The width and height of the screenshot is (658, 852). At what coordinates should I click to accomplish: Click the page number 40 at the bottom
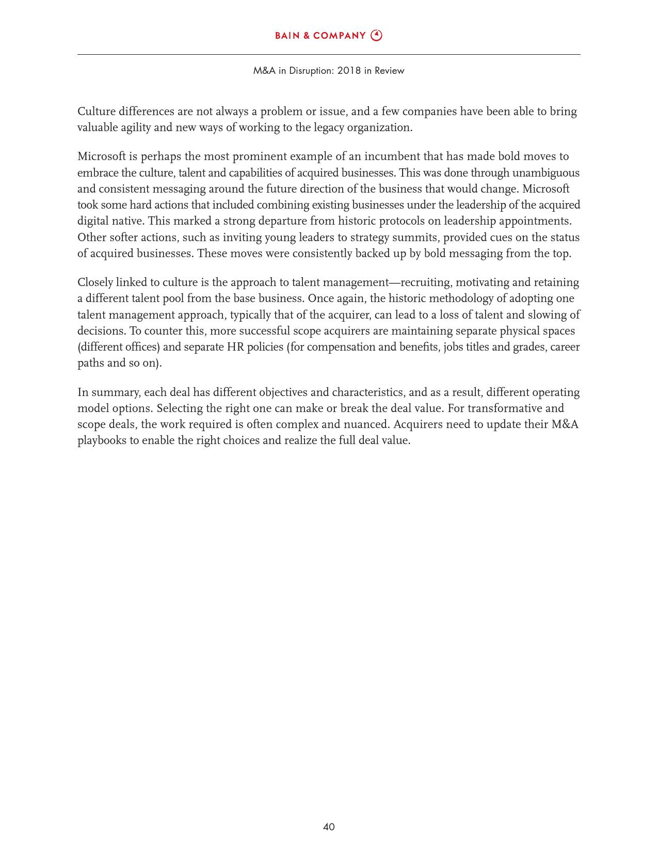point(329,827)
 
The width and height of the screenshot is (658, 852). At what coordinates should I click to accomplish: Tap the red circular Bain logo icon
point(377,36)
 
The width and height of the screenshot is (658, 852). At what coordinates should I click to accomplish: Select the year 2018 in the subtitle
point(349,71)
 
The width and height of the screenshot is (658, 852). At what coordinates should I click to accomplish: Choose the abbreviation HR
point(235,347)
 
